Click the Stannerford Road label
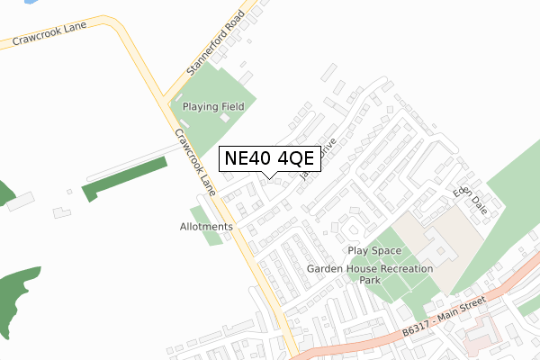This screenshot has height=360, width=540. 215,42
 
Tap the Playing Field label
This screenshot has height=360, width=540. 214,106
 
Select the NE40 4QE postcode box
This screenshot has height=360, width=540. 268,158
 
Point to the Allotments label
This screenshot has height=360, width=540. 206,227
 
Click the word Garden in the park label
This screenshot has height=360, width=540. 326,268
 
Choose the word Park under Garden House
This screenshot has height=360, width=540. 370,281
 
